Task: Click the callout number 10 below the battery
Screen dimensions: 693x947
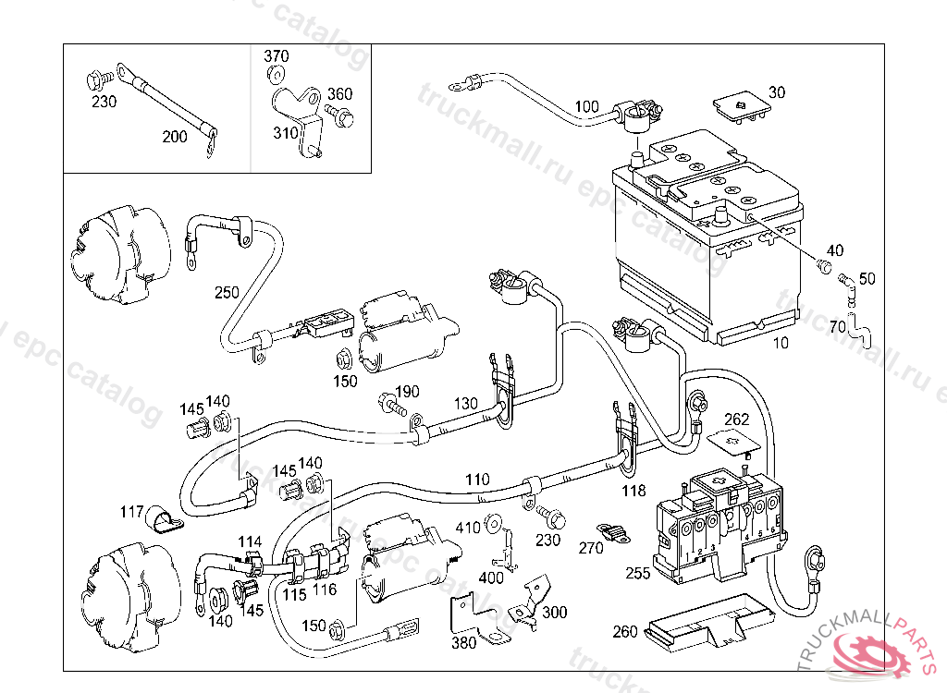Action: [x=781, y=344]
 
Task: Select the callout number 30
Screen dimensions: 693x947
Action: [x=777, y=92]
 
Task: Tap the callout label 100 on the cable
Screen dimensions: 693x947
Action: [x=586, y=106]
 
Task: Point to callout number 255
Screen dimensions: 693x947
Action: [x=638, y=573]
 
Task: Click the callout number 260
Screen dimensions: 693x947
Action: [x=625, y=632]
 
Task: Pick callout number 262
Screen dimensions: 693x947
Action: [x=736, y=419]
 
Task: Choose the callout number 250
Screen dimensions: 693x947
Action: [x=227, y=292]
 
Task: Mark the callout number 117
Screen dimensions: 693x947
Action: [x=132, y=512]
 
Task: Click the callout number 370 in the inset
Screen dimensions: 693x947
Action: [x=276, y=56]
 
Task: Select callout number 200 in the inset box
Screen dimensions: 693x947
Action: [x=174, y=137]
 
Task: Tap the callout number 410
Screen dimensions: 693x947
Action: [x=468, y=528]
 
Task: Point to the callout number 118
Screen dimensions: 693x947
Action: [x=633, y=491]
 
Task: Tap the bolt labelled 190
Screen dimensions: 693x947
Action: [x=392, y=404]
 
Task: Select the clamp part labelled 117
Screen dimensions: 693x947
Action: [x=166, y=523]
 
